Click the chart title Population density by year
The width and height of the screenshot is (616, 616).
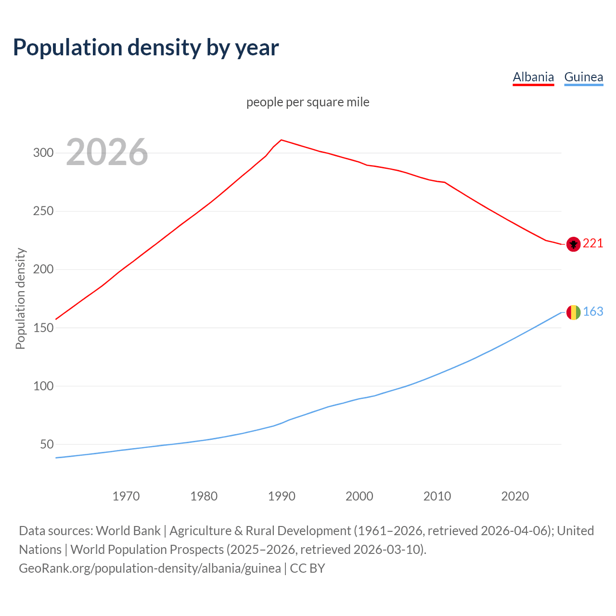146,47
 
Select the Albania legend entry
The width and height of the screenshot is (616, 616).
533,77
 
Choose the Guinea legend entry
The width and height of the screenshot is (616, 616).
583,77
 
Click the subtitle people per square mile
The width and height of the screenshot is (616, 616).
308,102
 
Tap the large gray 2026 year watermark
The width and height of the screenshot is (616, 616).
107,152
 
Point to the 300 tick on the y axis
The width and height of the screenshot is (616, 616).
43,153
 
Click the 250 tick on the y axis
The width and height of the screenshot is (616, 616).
43,211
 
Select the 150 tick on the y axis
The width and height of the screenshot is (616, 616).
43,328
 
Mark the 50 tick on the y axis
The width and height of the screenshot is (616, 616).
47,444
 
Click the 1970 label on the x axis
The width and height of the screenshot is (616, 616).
126,496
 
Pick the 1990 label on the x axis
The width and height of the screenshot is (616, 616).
282,496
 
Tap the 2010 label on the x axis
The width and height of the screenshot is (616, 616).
437,496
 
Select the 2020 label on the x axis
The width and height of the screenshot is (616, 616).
515,496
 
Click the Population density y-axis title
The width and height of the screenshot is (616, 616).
20,298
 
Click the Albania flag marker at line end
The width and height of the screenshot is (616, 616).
573,244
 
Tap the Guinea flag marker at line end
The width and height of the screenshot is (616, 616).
573,312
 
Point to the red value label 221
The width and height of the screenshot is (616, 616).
593,244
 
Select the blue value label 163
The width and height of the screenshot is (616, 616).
593,312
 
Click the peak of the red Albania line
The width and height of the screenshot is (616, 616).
282,140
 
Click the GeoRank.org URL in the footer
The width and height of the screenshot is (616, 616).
150,568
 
